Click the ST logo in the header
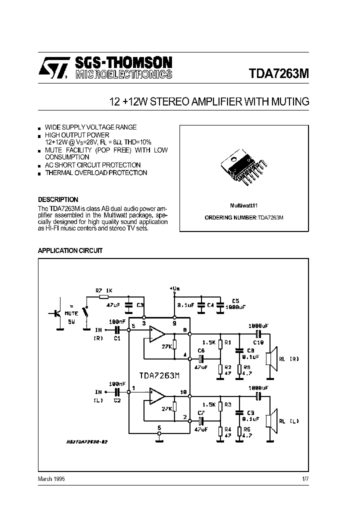pyautogui.click(x=52, y=67)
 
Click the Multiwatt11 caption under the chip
pyautogui.click(x=243, y=205)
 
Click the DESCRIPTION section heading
pyautogui.click(x=58, y=199)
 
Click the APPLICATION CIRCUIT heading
pyautogui.click(x=70, y=250)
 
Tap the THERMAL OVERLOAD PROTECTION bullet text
pyautogui.click(x=96, y=173)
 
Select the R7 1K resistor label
pyautogui.click(x=104, y=290)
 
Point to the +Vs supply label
pyautogui.click(x=174, y=288)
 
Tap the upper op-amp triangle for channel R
pyautogui.click(x=157, y=333)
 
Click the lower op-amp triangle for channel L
pyautogui.click(x=157, y=397)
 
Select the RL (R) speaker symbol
pyautogui.click(x=270, y=358)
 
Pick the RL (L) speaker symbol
pyautogui.click(x=270, y=420)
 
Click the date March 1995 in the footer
pyautogui.click(x=51, y=478)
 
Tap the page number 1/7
pyautogui.click(x=305, y=478)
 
